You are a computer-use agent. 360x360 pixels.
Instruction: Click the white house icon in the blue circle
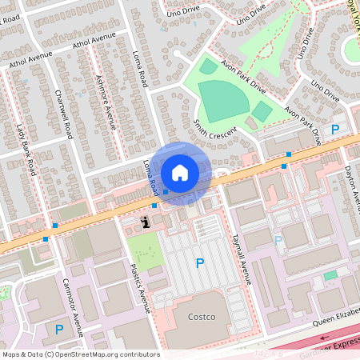[180, 172]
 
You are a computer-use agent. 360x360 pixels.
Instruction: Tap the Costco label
[202, 317]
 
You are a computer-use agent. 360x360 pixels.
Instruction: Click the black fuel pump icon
[146, 222]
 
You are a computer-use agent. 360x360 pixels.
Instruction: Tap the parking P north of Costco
[199, 262]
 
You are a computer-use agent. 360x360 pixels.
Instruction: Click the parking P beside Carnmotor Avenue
[58, 328]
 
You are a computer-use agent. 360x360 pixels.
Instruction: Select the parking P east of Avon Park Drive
[336, 129]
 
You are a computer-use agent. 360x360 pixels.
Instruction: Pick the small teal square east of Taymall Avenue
[330, 275]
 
